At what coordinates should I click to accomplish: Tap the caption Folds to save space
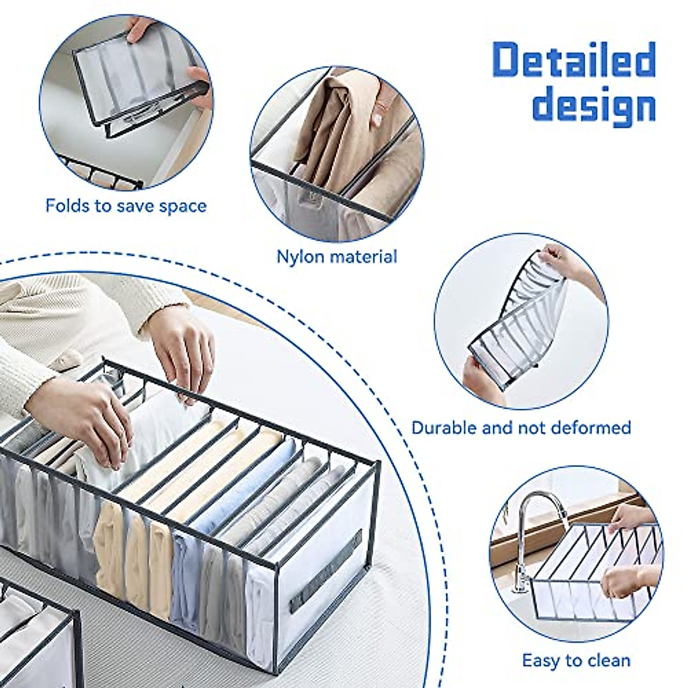(x=126, y=205)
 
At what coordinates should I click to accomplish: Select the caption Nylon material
(x=337, y=256)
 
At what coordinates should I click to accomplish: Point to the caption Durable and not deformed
(x=521, y=428)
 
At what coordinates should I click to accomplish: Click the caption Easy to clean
(x=576, y=660)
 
